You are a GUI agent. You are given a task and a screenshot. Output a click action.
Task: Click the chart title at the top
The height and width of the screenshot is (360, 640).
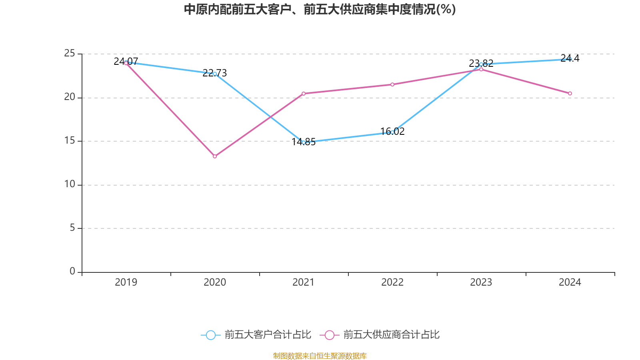[320, 9]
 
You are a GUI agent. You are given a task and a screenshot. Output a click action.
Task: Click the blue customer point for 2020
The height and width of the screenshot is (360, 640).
[215, 74]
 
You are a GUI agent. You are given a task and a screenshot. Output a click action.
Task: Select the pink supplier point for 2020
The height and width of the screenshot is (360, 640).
[215, 156]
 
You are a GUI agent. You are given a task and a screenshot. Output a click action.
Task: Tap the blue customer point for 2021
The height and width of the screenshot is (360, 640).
[304, 142]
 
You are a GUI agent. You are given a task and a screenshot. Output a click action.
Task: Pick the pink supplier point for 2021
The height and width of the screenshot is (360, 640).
[304, 94]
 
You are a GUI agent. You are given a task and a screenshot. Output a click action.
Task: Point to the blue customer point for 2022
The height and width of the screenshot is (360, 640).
[392, 132]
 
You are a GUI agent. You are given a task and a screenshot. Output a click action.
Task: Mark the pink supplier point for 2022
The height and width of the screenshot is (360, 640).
[392, 84]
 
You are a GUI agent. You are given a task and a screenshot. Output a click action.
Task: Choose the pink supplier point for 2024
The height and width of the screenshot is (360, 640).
[570, 94]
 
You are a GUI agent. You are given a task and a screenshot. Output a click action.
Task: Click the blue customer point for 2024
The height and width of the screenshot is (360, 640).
[570, 59]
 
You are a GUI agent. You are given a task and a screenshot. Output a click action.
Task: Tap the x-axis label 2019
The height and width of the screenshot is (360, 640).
[126, 282]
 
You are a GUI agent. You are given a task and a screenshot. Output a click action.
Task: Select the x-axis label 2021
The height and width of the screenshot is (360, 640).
[304, 282]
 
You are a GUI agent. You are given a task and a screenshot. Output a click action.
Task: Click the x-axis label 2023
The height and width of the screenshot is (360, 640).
[481, 282]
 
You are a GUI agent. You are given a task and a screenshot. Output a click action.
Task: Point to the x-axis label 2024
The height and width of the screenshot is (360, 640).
[570, 282]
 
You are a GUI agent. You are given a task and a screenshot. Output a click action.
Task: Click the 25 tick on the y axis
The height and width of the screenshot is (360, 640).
[70, 53]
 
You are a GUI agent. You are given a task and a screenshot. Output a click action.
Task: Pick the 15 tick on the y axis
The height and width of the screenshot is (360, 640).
[70, 140]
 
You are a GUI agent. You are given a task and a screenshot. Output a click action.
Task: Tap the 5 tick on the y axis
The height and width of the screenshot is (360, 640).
[72, 228]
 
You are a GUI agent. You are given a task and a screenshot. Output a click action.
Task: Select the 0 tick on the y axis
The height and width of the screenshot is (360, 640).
[72, 271]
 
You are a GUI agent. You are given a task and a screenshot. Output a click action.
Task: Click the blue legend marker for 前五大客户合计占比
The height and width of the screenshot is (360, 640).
[211, 335]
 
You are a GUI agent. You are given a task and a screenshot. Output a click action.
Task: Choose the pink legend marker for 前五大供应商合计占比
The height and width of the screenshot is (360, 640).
[330, 335]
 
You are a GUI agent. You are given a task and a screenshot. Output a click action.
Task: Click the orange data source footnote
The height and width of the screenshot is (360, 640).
[320, 356]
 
